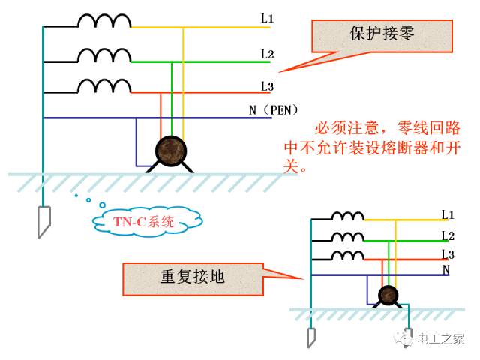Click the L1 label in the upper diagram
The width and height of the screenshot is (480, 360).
[x=267, y=19]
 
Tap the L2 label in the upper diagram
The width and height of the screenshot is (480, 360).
[x=267, y=55]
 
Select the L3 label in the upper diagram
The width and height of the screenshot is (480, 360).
[x=267, y=86]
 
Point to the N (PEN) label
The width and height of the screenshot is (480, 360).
[x=273, y=110]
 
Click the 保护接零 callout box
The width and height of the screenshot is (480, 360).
[x=382, y=36]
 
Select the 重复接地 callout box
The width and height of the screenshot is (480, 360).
[x=193, y=279]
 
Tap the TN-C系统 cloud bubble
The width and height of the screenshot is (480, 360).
[x=147, y=221]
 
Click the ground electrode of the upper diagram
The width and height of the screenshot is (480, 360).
[x=43, y=222]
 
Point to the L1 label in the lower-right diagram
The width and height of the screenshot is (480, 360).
[x=448, y=214]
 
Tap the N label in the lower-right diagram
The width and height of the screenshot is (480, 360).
[x=446, y=269]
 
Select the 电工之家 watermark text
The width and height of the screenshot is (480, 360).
[x=441, y=339]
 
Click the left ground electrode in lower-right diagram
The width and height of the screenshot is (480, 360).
[x=311, y=337]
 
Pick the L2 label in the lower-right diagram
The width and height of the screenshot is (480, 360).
[x=448, y=236]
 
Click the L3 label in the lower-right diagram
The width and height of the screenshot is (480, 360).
[x=448, y=254]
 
